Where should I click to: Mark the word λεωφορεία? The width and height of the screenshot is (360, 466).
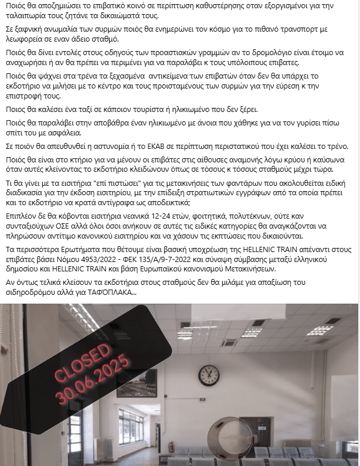[22, 39]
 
